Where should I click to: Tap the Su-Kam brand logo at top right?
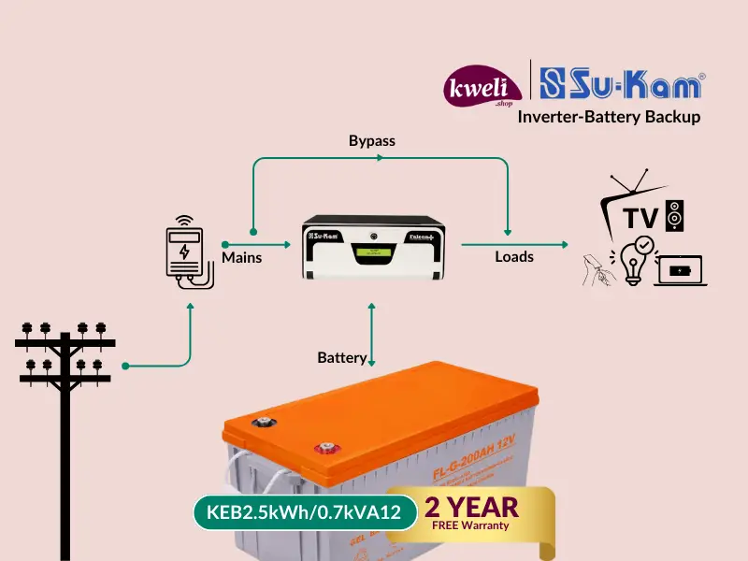click(x=622, y=86)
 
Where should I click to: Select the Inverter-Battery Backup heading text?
click(x=615, y=117)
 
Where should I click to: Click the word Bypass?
click(x=372, y=141)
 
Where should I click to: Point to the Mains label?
click(x=241, y=257)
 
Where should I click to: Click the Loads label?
click(x=514, y=256)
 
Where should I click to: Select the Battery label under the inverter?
click(x=342, y=358)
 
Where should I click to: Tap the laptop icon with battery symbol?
click(x=681, y=270)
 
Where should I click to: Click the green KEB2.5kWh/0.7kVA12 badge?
click(x=304, y=512)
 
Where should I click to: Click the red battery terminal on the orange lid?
click(x=326, y=448)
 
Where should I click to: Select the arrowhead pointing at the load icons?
click(x=564, y=245)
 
